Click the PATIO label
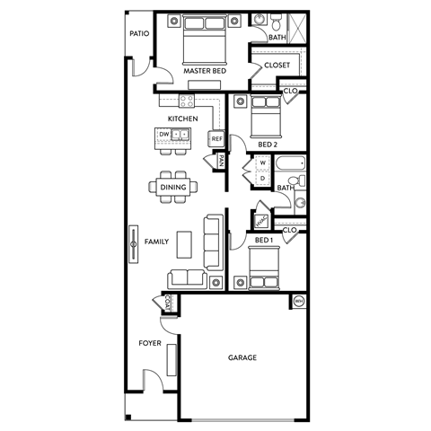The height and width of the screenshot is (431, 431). pyautogui.click(x=138, y=33)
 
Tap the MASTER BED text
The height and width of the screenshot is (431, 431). pyautogui.click(x=204, y=70)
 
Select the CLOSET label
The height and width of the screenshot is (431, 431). pyautogui.click(x=277, y=65)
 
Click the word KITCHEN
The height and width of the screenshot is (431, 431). pyautogui.click(x=182, y=119)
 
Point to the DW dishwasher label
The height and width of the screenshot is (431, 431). pyautogui.click(x=164, y=135)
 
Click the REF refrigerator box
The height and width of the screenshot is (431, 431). pyautogui.click(x=216, y=138)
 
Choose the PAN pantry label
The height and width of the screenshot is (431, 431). pyautogui.click(x=220, y=161)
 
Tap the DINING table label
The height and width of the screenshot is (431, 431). pyautogui.click(x=172, y=187)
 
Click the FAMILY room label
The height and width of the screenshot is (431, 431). pyautogui.click(x=157, y=242)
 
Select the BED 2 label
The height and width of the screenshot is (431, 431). pyautogui.click(x=267, y=144)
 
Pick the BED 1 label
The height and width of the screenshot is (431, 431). pyautogui.click(x=262, y=241)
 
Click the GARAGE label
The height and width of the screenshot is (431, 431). pyautogui.click(x=242, y=357)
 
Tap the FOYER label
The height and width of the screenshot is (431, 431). pyautogui.click(x=149, y=343)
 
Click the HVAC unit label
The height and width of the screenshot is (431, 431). pyautogui.click(x=261, y=220)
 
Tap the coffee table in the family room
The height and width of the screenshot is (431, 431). pyautogui.click(x=184, y=243)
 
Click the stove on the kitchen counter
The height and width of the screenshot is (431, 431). pyautogui.click(x=189, y=101)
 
